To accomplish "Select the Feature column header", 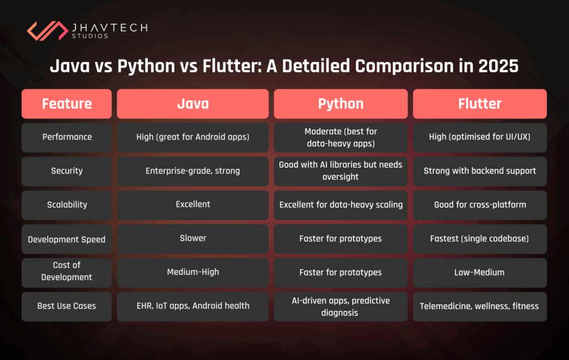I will pos(67,104).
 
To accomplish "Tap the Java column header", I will pos(192,104).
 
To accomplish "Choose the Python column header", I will pos(341,104).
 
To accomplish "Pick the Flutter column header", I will pos(480,104).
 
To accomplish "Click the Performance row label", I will pos(67,137).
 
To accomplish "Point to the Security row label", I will pos(67,171).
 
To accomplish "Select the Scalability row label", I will pos(67,204).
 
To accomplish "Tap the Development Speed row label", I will pos(67,239).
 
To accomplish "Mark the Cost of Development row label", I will pos(67,272).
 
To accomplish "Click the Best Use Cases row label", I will pos(67,306).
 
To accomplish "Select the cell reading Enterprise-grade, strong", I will pos(192,171).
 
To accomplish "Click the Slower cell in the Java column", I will pos(192,238).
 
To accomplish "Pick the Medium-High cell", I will pos(192,272).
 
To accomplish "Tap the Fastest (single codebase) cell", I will pos(480,238).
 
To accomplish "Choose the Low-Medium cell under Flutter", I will pos(480,272).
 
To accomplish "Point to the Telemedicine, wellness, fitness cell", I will pos(480,306).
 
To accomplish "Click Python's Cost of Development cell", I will pos(341,272).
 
